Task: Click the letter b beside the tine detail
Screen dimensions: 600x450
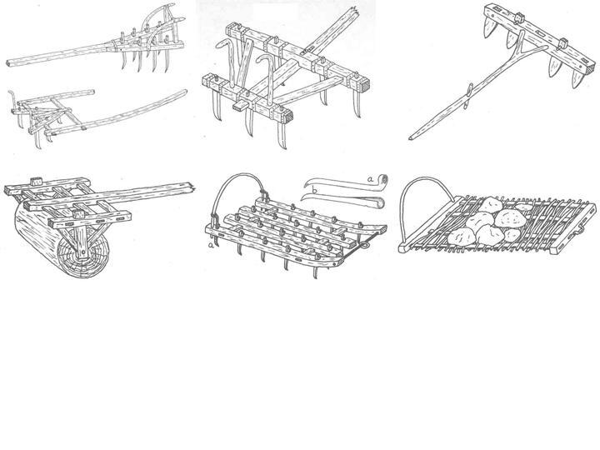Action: click(314, 190)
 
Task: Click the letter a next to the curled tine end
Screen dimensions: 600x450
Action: click(370, 178)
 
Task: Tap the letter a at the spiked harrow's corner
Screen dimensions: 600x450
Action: click(210, 245)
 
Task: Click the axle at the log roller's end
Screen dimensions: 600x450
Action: click(82, 253)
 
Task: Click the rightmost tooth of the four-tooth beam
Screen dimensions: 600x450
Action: click(578, 78)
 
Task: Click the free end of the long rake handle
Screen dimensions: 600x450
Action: click(8, 63)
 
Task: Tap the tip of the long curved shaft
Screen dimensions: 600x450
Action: click(185, 92)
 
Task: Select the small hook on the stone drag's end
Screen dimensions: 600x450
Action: click(580, 228)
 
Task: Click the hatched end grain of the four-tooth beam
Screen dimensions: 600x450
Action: click(592, 67)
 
